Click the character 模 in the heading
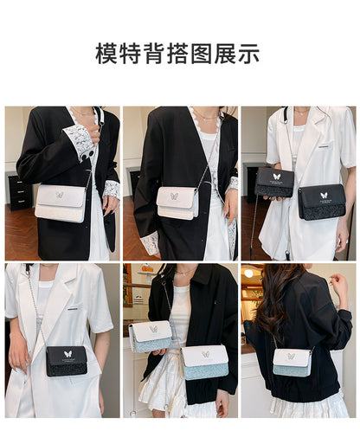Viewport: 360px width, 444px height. pos(107,54)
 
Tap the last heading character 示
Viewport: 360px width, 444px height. pos(248,54)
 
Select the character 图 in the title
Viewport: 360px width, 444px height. pos(202,54)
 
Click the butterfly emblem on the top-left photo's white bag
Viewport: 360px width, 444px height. pos(60,195)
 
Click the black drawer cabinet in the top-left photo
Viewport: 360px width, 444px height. pos(20,191)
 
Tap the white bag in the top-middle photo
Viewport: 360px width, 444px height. pos(177,203)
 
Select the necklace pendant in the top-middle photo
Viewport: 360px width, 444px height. pos(204,119)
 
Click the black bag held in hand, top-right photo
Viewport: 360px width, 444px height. pos(275,183)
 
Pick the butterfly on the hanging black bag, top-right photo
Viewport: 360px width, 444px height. pos(324,196)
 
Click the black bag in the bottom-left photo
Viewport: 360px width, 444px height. pos(67,361)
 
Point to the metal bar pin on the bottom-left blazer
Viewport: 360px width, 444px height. pos(74,309)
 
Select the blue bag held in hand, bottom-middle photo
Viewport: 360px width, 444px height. pos(151,337)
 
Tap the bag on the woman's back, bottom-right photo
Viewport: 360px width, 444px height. pos(292,362)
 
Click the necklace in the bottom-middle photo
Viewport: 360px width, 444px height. pos(184,273)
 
